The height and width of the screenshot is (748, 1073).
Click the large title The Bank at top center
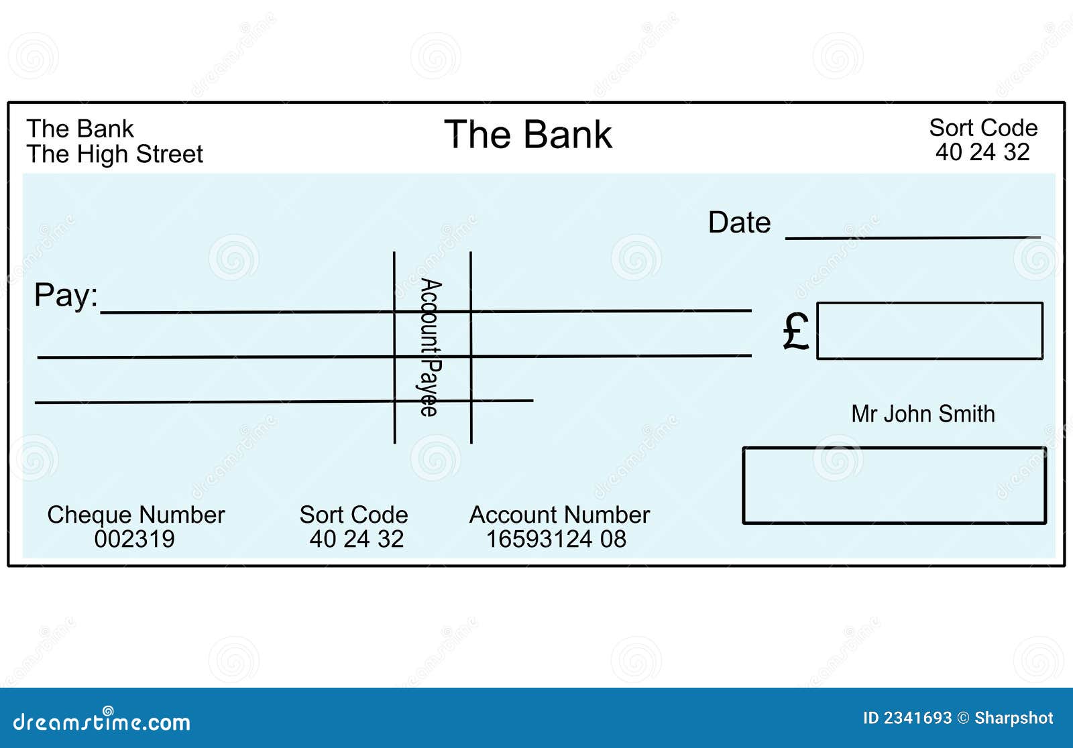[528, 135]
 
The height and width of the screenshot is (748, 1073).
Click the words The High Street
[115, 154]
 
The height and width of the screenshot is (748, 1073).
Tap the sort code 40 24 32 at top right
[982, 152]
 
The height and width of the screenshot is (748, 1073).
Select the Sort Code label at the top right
[982, 127]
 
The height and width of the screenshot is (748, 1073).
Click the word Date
[739, 223]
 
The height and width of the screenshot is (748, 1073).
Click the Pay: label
[66, 295]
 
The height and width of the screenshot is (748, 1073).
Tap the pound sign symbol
[796, 331]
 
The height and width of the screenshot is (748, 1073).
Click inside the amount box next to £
[929, 331]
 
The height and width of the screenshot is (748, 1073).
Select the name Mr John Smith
[923, 414]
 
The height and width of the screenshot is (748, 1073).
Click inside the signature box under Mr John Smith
[894, 485]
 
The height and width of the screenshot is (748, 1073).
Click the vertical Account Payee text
[430, 347]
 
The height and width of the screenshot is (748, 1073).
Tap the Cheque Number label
[135, 515]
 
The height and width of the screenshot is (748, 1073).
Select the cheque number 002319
[134, 539]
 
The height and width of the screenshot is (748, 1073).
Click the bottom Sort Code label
[353, 515]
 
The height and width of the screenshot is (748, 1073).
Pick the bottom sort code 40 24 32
[356, 539]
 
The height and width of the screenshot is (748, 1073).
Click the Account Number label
[559, 515]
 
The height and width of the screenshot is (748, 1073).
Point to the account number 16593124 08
[556, 539]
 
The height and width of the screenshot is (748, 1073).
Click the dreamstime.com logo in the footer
[102, 721]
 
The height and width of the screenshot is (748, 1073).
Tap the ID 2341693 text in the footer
[907, 718]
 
